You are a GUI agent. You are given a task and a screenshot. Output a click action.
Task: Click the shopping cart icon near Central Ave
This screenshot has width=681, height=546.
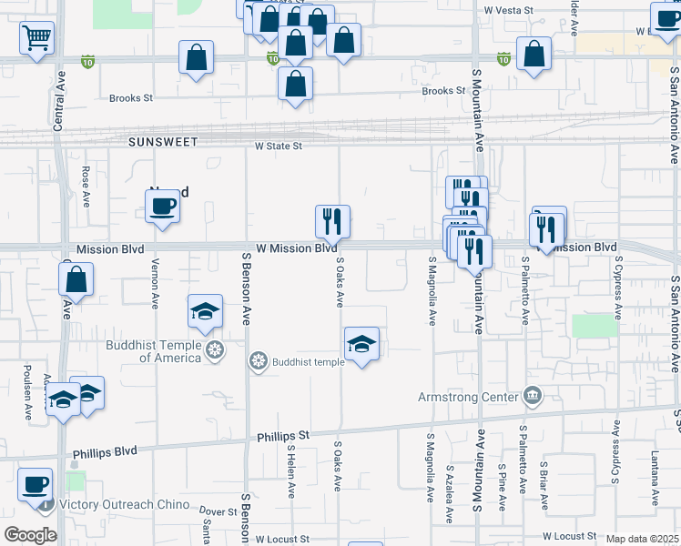pyautogui.click(x=37, y=38)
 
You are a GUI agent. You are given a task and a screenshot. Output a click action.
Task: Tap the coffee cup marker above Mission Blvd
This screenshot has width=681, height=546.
pyautogui.click(x=162, y=207)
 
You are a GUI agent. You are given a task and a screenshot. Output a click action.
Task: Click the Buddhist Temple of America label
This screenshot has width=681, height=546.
pyautogui.click(x=153, y=351)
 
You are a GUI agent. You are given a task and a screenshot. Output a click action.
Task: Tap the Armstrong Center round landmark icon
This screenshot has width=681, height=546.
pyautogui.click(x=533, y=396)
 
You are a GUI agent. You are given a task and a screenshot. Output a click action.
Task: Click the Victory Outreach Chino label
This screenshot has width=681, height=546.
pyautogui.click(x=137, y=504)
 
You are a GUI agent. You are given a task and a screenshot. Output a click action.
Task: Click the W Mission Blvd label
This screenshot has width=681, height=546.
pyautogui.click(x=296, y=248)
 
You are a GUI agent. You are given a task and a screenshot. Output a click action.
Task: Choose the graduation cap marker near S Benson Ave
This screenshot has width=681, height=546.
pyautogui.click(x=205, y=312)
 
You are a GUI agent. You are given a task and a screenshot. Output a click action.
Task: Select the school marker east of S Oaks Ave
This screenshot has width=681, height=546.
pyautogui.click(x=361, y=344)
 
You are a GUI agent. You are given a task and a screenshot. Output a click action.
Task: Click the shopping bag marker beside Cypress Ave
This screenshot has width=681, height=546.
pyautogui.click(x=533, y=54)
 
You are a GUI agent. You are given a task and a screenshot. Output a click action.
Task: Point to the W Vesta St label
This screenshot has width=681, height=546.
pyautogui.click(x=507, y=9)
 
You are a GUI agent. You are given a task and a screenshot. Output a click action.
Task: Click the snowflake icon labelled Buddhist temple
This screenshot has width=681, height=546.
pyautogui.click(x=259, y=362)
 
